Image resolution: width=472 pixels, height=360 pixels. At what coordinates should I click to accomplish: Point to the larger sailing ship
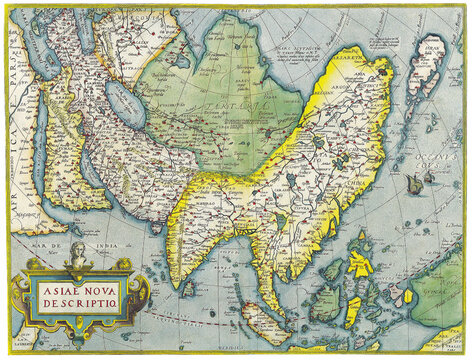tap(414, 183)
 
